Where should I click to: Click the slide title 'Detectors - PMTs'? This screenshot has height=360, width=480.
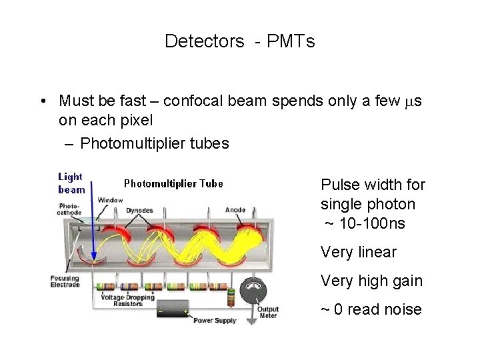pos(239,41)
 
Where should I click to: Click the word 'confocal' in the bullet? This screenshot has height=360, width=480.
pos(189,101)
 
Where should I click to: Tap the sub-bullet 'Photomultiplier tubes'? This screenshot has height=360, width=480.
pos(154,143)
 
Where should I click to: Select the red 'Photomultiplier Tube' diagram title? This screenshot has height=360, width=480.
pos(173,183)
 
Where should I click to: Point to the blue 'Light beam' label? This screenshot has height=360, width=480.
pos(71,183)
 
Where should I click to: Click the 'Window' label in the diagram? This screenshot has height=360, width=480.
pos(110,200)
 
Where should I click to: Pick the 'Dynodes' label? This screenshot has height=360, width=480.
pos(139,211)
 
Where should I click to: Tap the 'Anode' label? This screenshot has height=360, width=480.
pos(235,210)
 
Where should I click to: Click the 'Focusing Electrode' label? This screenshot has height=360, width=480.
pos(65,281)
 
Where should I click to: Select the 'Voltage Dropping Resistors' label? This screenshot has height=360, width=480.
pos(127,301)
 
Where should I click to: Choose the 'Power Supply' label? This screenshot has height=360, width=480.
pos(214,321)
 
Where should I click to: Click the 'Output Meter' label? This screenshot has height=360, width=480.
pos(268,312)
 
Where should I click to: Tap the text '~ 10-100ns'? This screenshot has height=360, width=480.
pos(364,223)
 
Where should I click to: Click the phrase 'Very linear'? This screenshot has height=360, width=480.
pos(358,253)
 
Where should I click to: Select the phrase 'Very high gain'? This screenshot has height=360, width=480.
pos(371,281)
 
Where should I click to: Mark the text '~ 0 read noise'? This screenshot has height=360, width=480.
pos(371,309)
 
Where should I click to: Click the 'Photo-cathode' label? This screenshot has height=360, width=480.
pos(69,209)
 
